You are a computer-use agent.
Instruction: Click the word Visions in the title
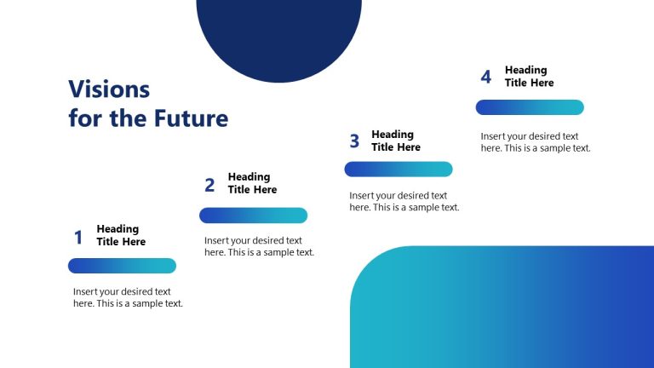(x=109, y=89)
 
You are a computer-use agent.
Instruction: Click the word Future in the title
(x=191, y=118)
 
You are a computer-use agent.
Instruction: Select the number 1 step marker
(x=78, y=238)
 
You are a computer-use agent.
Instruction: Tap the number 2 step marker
(x=209, y=185)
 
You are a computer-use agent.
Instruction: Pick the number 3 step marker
(x=354, y=141)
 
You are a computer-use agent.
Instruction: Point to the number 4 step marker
(x=486, y=78)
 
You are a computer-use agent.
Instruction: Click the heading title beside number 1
(x=121, y=235)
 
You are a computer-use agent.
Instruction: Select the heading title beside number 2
(x=252, y=183)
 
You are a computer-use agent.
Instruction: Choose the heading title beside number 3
(x=396, y=141)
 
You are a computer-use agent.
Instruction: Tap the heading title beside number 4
(x=529, y=77)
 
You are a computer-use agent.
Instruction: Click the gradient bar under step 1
(x=122, y=266)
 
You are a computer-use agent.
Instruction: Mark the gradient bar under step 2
(x=253, y=216)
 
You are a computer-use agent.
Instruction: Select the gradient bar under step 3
(x=398, y=170)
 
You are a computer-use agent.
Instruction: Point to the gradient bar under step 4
(x=530, y=107)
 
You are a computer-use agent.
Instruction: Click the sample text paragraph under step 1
(x=128, y=297)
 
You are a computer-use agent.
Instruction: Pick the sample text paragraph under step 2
(x=259, y=246)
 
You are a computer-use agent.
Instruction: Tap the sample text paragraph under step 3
(x=404, y=202)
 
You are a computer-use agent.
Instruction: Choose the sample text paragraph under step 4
(x=535, y=141)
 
